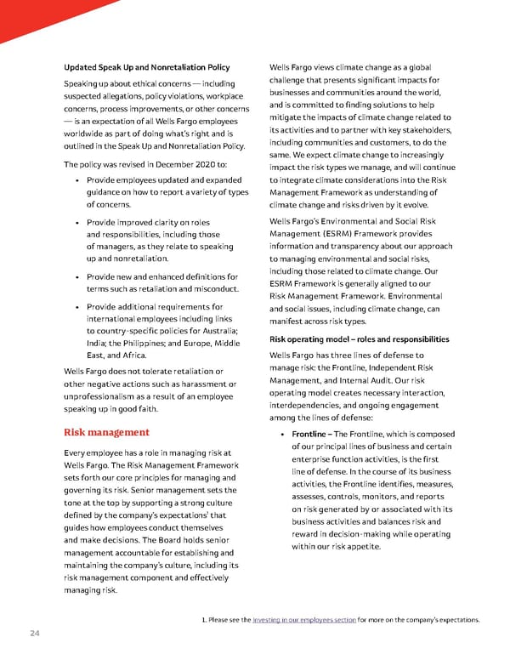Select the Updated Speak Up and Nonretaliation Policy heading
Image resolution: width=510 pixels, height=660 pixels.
146,66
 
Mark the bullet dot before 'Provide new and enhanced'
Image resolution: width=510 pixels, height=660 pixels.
78,277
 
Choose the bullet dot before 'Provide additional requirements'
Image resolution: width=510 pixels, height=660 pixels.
78,307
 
